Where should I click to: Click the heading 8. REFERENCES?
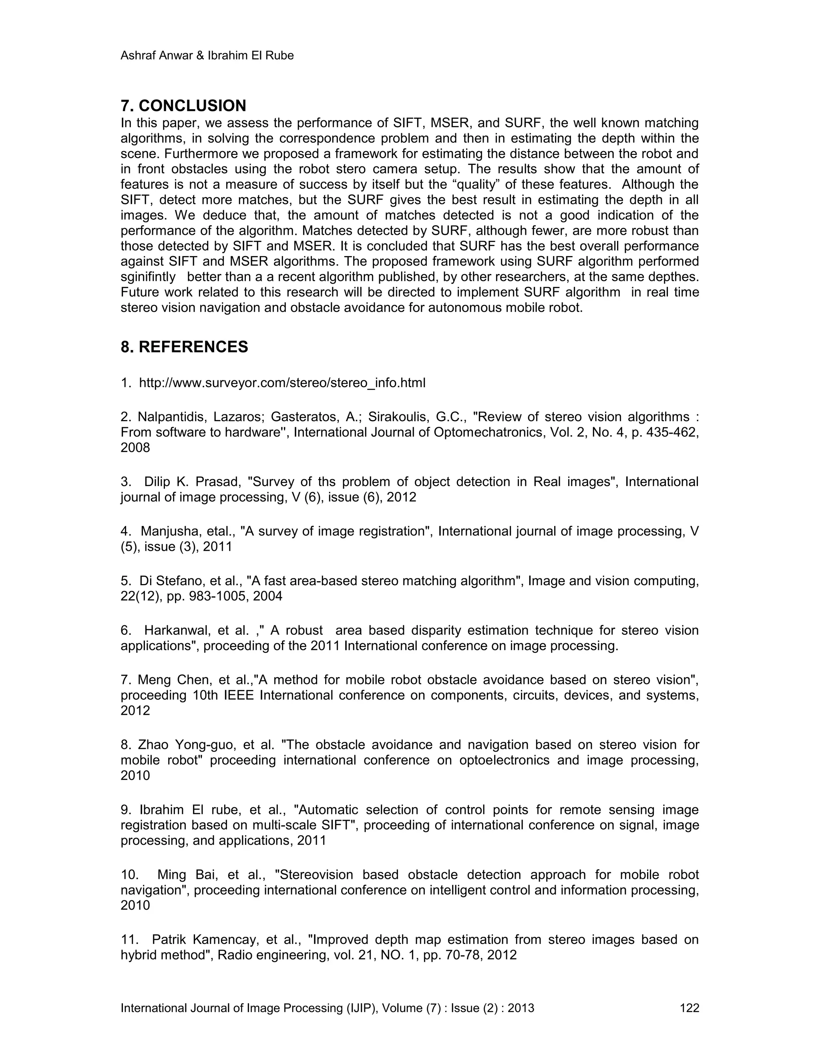184,347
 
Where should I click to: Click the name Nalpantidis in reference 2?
169,417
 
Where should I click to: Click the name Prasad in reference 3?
218,482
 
